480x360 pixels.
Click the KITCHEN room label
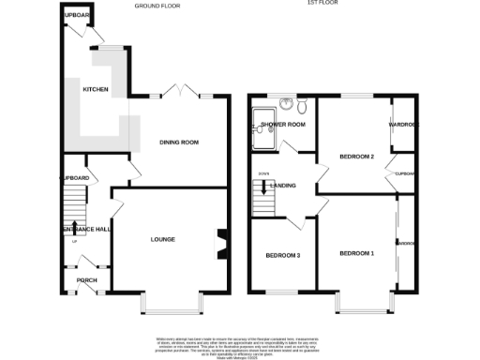click(x=96, y=90)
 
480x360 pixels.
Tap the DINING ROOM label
click(x=179, y=142)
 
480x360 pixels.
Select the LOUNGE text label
click(x=163, y=239)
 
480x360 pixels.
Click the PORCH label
click(x=87, y=280)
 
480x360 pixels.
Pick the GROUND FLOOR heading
click(x=157, y=6)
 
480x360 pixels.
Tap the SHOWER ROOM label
click(x=284, y=124)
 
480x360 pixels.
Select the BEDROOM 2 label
click(x=357, y=157)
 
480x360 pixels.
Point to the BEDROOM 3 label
click(x=282, y=255)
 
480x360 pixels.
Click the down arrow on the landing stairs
click(x=263, y=187)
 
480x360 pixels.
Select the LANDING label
click(x=284, y=186)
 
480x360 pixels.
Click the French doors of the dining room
click(x=178, y=93)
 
